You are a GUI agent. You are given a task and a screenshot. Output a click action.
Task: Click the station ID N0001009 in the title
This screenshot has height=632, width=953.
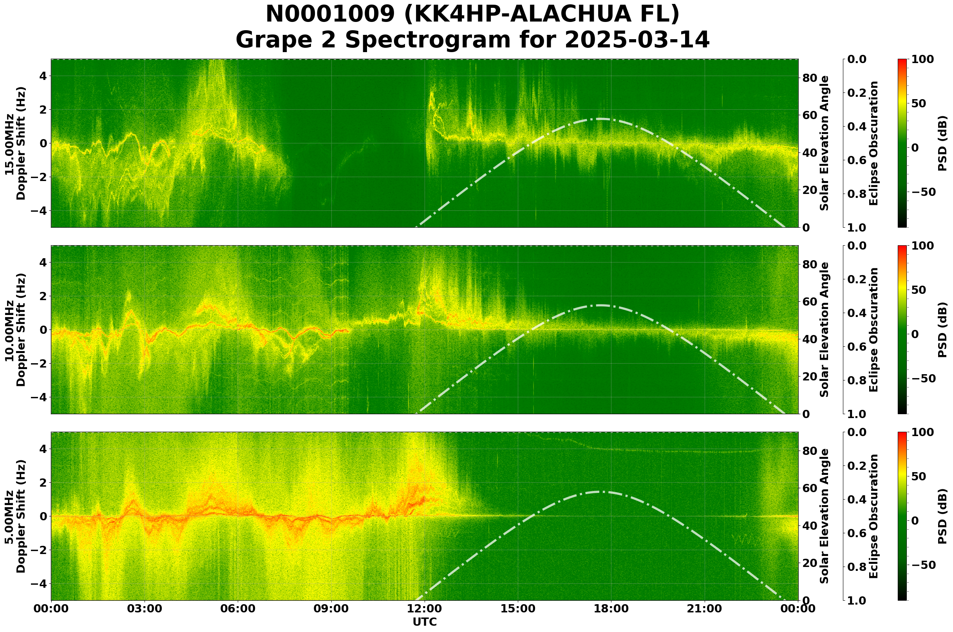[x=331, y=14]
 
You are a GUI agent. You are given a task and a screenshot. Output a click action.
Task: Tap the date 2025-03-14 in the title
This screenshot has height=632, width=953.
[x=637, y=40]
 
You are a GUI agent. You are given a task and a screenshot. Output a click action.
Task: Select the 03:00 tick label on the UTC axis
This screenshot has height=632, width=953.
[x=144, y=608]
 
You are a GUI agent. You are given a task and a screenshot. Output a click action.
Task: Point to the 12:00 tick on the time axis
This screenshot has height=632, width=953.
[x=424, y=608]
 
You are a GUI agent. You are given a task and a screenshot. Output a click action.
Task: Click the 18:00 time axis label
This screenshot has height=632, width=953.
[x=611, y=608]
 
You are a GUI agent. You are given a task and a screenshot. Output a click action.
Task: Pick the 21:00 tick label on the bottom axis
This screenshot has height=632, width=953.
[x=704, y=608]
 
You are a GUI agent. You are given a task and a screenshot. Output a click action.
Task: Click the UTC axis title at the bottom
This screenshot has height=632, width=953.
[x=424, y=622]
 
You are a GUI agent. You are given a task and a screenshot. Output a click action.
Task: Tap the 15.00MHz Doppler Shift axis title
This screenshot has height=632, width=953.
[x=15, y=143]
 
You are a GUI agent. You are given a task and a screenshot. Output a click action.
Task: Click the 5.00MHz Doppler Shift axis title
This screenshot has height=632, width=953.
[x=15, y=516]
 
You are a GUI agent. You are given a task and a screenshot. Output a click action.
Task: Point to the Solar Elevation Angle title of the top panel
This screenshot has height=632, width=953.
[x=825, y=143]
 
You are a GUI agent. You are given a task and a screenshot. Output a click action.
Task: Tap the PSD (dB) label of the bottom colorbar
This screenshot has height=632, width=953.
[x=942, y=516]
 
